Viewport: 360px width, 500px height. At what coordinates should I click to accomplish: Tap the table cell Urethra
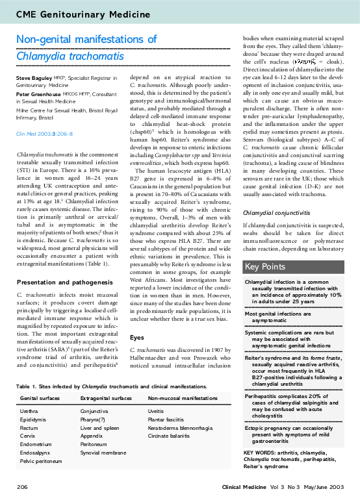point(29,412)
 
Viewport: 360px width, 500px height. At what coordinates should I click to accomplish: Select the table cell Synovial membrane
point(103,452)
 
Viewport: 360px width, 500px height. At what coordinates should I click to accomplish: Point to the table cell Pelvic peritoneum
point(42,460)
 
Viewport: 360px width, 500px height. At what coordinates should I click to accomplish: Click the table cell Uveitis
point(157,412)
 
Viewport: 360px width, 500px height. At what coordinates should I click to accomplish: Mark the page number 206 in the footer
point(22,486)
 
